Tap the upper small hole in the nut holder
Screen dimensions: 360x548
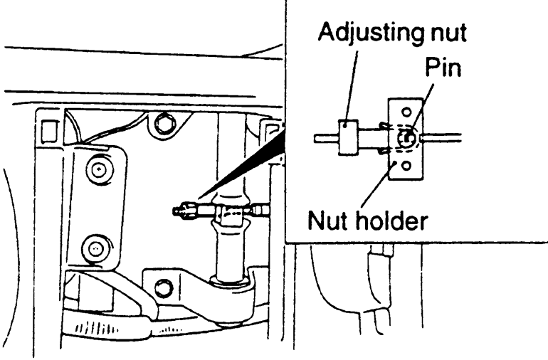coord(406,112)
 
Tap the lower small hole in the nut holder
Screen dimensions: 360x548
coord(406,166)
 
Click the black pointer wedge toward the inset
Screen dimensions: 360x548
coord(242,167)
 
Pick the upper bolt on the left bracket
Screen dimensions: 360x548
coord(95,169)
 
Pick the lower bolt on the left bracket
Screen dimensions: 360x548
coord(95,248)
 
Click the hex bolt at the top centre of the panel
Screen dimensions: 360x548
coord(166,125)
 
